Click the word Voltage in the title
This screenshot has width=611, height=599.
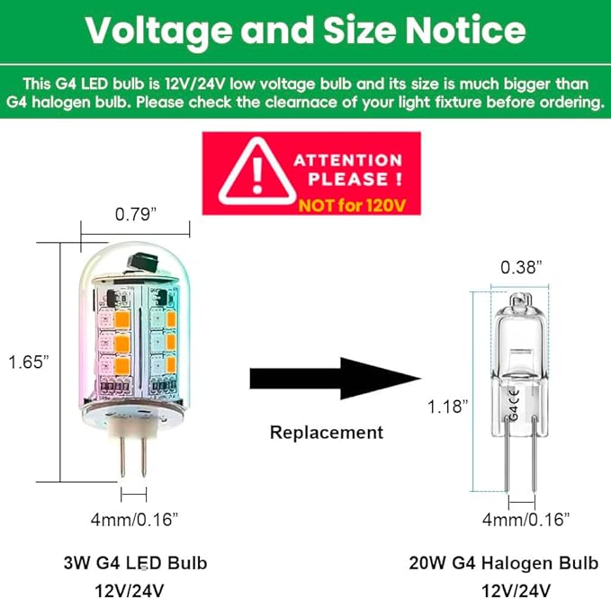point(157,31)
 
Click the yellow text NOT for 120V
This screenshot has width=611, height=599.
point(352,205)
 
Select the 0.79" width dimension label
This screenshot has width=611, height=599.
point(136,214)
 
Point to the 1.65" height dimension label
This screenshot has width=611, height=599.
point(29,362)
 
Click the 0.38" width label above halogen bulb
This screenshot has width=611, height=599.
point(521,267)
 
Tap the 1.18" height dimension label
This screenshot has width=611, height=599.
point(448,407)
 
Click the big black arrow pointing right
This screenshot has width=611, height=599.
point(335,378)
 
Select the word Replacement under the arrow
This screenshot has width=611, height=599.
point(327,433)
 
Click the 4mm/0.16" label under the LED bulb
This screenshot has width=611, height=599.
point(134,519)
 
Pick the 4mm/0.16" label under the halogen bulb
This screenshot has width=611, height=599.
point(526,519)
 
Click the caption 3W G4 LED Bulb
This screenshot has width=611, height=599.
point(135,563)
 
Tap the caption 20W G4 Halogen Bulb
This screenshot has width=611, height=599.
point(503,563)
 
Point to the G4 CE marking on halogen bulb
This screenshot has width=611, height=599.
point(514,404)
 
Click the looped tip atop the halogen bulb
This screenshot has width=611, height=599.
point(521,300)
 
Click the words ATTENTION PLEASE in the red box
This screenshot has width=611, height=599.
point(348,170)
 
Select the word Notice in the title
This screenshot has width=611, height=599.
point(465,31)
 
